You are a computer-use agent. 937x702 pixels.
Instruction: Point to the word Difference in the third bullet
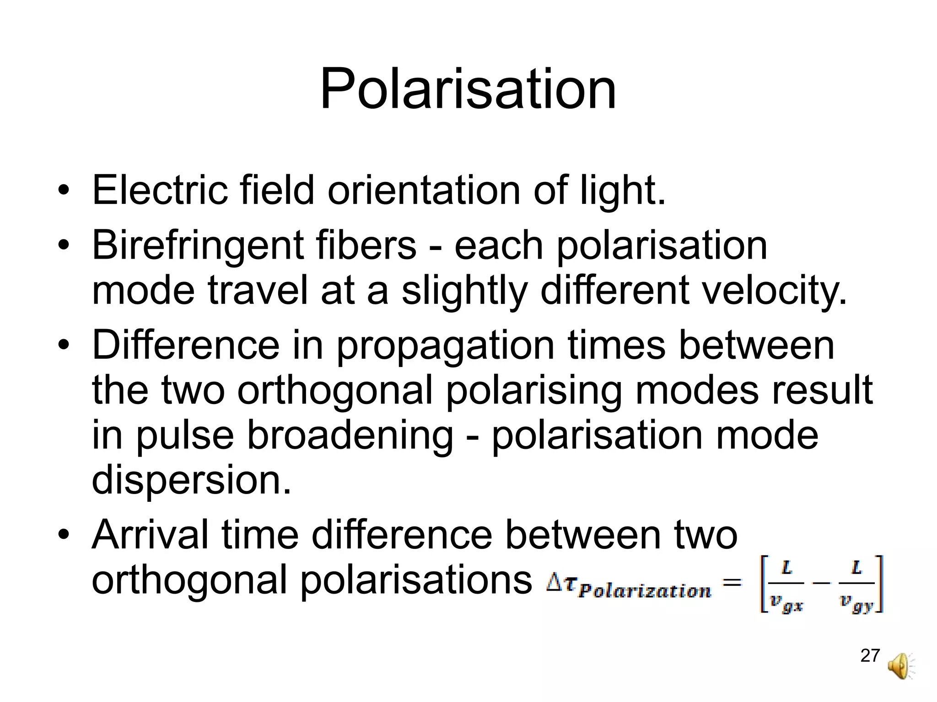coord(186,345)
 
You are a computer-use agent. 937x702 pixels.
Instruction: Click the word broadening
coord(350,436)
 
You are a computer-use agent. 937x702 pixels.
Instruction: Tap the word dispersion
coord(191,479)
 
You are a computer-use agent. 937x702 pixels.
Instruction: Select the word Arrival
coord(150,535)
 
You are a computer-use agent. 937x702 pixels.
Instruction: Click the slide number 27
coord(870,655)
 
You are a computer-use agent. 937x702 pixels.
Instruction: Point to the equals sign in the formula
coord(732,582)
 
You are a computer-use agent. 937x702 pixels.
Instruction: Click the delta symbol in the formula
coord(554,583)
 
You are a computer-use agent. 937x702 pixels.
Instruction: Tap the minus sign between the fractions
coord(821,583)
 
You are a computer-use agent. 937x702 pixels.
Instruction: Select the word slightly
coord(464,291)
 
